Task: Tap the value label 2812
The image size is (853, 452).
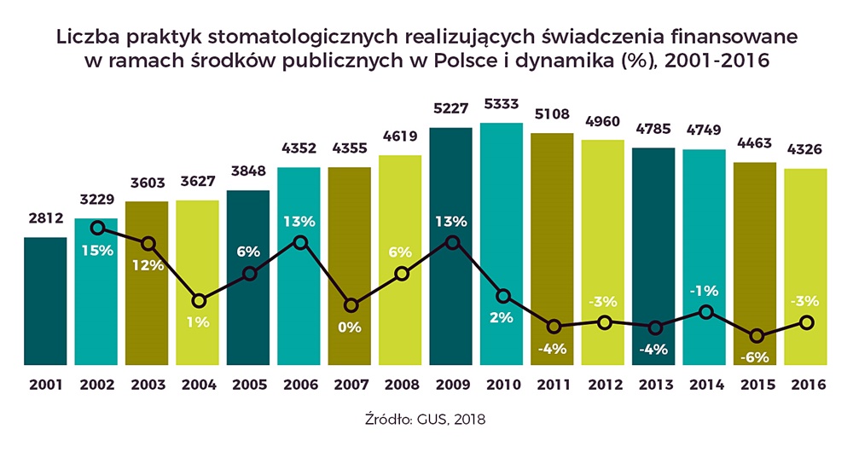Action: [x=45, y=219]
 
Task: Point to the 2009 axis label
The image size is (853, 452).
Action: [x=451, y=384]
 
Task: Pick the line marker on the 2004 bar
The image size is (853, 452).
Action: [x=199, y=300]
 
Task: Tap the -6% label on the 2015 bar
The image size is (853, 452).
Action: [x=755, y=356]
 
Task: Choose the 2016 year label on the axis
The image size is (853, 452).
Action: [x=806, y=384]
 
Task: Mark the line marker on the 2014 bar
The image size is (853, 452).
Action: [x=705, y=312]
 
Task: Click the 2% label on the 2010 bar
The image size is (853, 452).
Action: [x=502, y=317]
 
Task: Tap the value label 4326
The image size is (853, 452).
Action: [x=806, y=151]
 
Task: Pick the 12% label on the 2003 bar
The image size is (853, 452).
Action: [x=148, y=265]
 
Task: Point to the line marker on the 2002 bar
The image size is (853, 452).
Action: [x=97, y=228]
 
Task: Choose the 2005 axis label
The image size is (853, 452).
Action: [x=249, y=384]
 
